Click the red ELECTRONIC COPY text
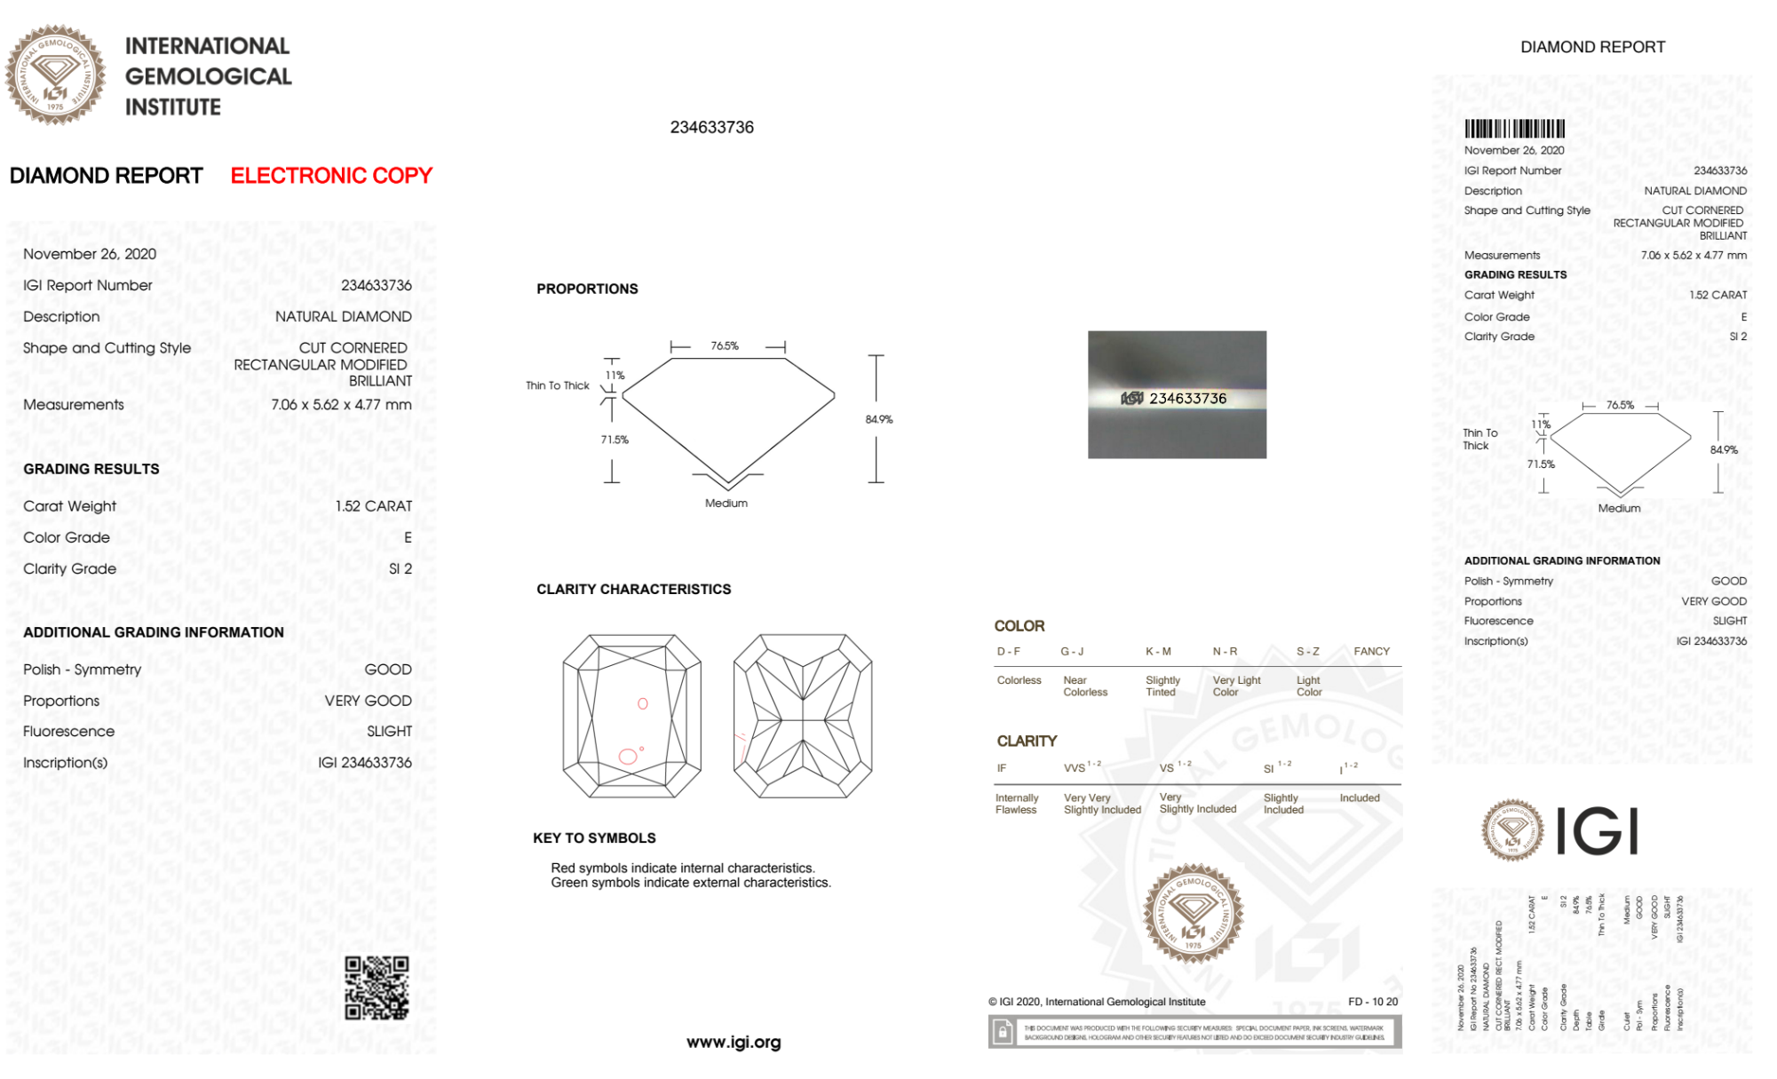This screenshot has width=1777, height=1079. point(331,176)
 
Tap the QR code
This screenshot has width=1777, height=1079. point(377,988)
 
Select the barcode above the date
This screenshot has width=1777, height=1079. point(1514,129)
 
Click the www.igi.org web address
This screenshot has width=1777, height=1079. point(734,1042)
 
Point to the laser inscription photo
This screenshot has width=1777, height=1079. point(1177,395)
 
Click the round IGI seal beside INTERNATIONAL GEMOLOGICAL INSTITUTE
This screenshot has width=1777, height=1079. point(55,75)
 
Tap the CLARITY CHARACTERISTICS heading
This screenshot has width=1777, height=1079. point(633,590)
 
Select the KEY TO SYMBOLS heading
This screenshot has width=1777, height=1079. point(594,838)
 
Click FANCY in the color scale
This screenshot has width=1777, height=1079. point(1371,652)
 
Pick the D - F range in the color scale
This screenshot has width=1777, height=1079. point(1008,652)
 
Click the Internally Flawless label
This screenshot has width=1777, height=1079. point(1017,804)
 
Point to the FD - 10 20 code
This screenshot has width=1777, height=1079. point(1372,1002)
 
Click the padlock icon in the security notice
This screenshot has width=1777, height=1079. point(1003,1032)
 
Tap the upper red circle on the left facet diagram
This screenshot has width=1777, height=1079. point(643,703)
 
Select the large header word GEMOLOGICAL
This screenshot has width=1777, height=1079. point(209,76)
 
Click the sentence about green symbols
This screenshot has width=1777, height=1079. point(691,883)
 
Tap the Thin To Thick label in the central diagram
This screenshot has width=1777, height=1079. point(557,385)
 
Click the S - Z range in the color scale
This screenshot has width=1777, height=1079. point(1307,652)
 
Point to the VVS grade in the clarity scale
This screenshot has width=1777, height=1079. point(1075,768)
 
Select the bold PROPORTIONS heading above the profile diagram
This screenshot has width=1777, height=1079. point(587,290)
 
